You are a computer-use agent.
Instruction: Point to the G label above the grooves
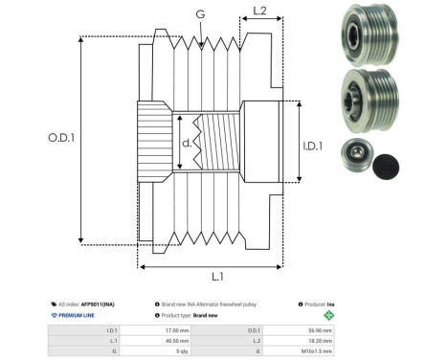[x=199, y=14]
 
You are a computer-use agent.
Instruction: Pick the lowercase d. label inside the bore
[x=186, y=145]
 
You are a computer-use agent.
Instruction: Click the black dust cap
[x=392, y=163]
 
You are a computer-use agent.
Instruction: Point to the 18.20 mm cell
[x=320, y=340]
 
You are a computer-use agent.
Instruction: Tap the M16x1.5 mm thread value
[x=320, y=351]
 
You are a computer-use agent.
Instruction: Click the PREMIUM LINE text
[x=76, y=314]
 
